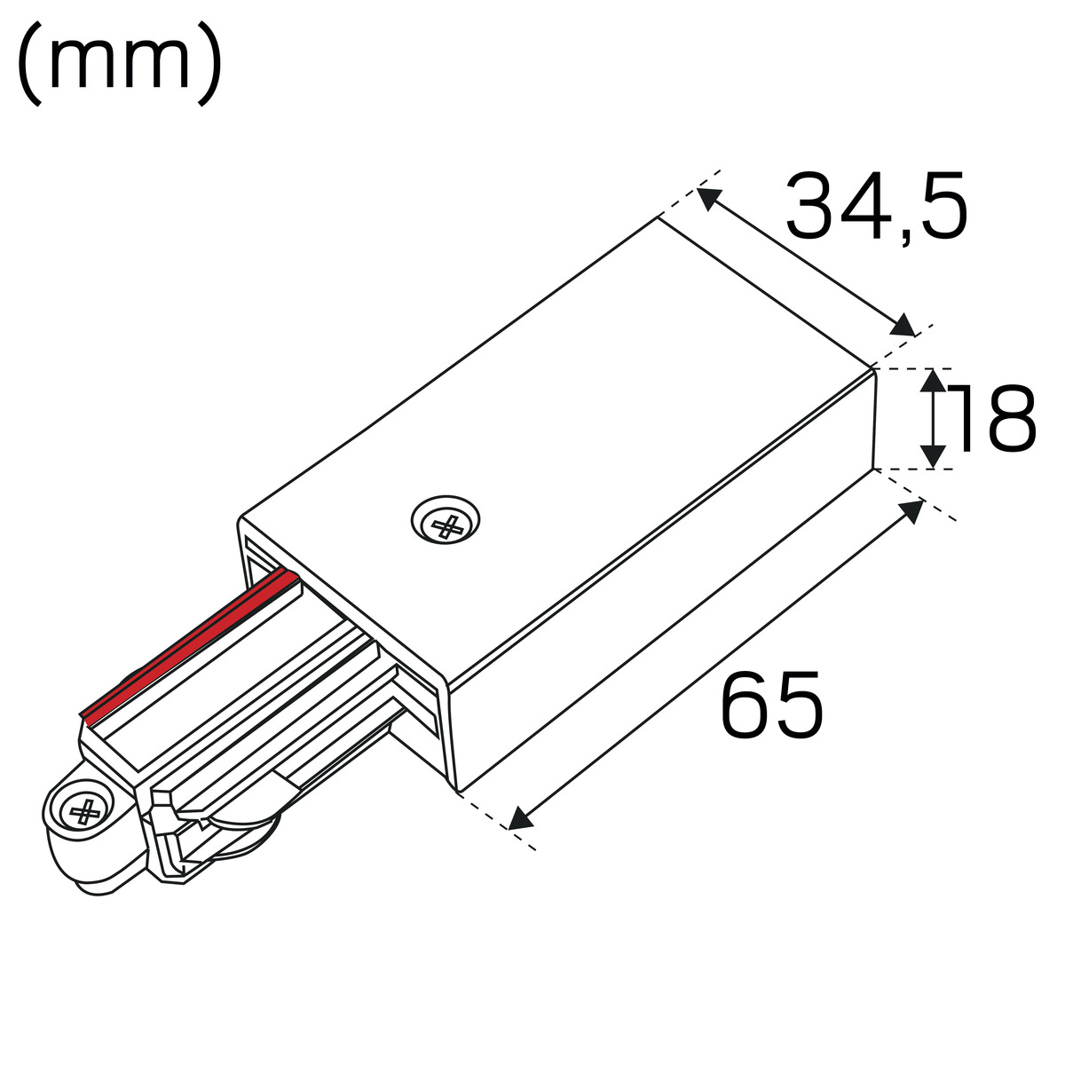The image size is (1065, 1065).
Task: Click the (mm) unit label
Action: pyautogui.click(x=120, y=63)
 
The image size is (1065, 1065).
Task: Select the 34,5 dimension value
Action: pyautogui.click(x=877, y=208)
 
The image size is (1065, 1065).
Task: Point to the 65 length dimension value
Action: pyautogui.click(x=772, y=704)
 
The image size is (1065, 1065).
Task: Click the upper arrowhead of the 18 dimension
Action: pyautogui.click(x=934, y=382)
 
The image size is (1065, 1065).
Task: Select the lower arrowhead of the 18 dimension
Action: pyautogui.click(x=934, y=456)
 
